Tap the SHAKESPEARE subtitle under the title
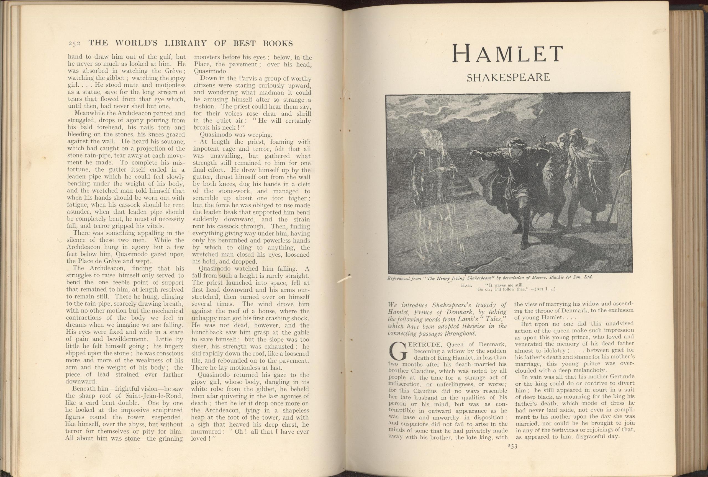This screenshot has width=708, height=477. tap(509, 78)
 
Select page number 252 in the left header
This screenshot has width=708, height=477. tap(74, 43)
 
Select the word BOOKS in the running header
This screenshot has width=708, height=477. tap(278, 43)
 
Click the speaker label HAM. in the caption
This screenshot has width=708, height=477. tap(466, 285)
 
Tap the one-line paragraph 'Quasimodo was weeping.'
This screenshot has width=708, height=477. tap(236, 135)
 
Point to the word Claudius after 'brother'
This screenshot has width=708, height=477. tap(419, 371)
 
